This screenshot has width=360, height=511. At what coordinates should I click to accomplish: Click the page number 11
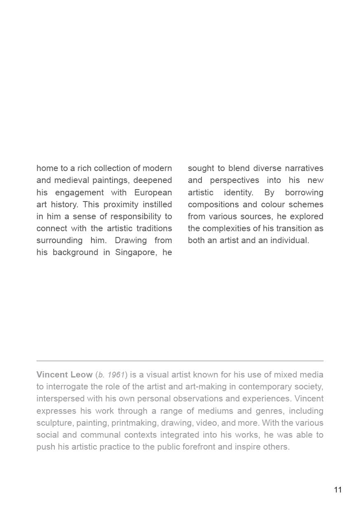[x=338, y=490]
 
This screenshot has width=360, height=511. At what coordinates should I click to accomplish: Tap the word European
[x=153, y=192]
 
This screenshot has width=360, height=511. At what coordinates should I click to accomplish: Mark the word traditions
[x=153, y=228]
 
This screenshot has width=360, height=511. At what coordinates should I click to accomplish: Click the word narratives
[x=304, y=168]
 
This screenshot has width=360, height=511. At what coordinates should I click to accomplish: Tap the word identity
[x=238, y=192]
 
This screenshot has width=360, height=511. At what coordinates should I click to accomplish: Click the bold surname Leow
[x=81, y=375]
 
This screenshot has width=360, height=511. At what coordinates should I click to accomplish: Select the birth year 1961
[x=115, y=375]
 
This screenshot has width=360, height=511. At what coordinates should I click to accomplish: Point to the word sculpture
[x=54, y=423]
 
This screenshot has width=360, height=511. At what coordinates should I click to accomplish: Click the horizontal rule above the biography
[x=180, y=361]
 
